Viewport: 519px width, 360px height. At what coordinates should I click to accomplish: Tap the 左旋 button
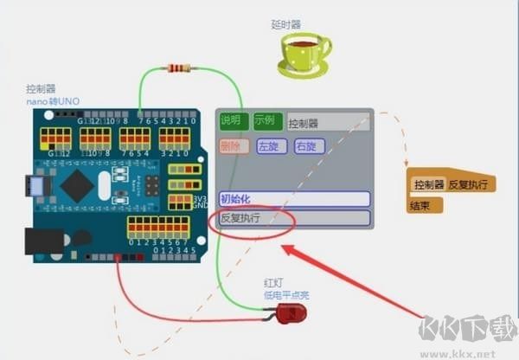click(x=269, y=146)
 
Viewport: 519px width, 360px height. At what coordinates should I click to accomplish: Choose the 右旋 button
click(x=307, y=146)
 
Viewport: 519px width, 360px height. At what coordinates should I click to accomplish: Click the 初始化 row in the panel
click(x=294, y=198)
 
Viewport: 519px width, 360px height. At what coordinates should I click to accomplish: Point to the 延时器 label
click(x=285, y=25)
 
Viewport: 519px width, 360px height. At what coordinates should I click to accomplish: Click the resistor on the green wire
click(x=179, y=67)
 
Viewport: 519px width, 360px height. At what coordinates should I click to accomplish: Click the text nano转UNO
click(x=52, y=101)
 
